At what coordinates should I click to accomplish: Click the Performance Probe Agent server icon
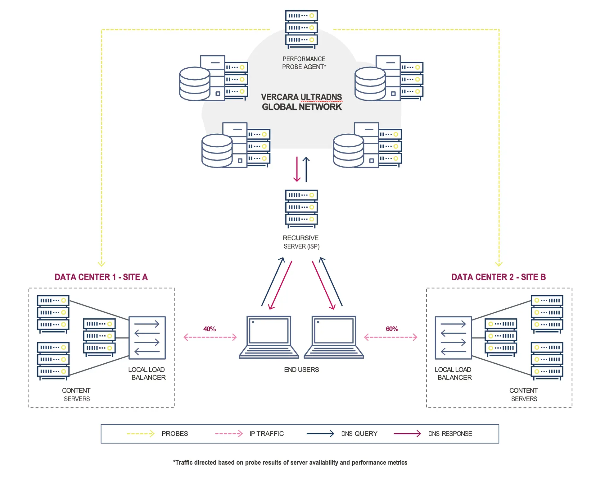(301, 29)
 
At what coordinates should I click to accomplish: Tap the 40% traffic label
(210, 329)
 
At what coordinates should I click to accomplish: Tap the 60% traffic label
(392, 329)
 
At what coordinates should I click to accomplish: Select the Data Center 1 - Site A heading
(101, 277)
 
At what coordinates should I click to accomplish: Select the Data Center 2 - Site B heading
(498, 277)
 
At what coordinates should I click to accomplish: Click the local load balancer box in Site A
(147, 338)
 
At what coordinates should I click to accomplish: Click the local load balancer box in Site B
(453, 338)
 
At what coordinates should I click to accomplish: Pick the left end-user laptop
(269, 337)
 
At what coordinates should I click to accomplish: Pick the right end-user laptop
(334, 337)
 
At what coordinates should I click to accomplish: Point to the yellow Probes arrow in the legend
(141, 434)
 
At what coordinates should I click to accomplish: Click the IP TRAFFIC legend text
(266, 434)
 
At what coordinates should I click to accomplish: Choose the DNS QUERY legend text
(359, 434)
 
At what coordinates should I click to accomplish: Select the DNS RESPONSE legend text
(450, 434)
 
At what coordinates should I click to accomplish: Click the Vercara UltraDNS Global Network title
(301, 102)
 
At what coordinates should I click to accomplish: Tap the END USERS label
(301, 370)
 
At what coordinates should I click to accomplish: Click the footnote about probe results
(290, 463)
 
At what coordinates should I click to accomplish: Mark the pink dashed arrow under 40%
(210, 337)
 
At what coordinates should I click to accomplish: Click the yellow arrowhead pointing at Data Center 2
(499, 264)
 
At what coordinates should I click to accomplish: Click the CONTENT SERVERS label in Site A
(76, 394)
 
